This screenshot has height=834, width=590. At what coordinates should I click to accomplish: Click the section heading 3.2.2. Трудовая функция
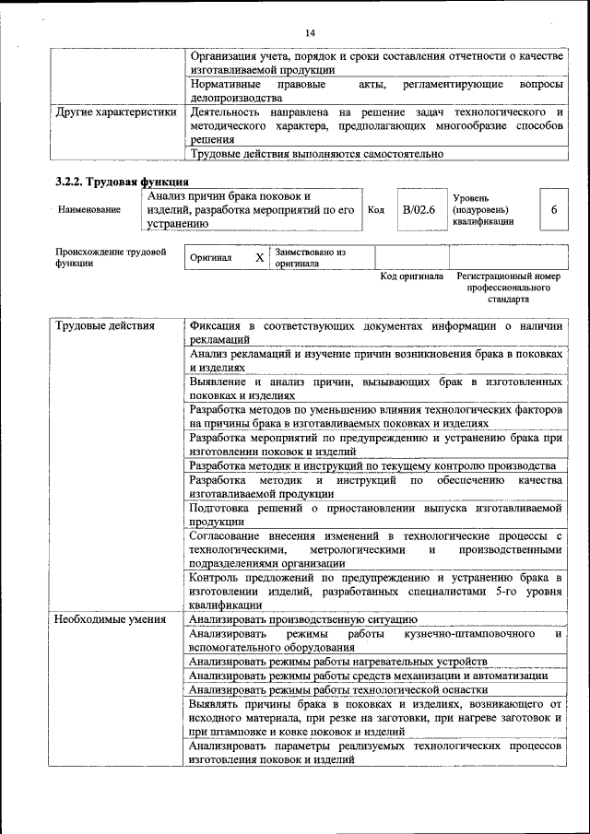click(x=122, y=182)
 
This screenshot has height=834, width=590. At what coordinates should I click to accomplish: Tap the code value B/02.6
click(x=418, y=210)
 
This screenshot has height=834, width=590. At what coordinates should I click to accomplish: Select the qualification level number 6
click(x=554, y=210)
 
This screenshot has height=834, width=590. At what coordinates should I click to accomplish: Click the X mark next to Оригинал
click(x=259, y=258)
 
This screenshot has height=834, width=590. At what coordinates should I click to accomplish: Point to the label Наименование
click(x=88, y=210)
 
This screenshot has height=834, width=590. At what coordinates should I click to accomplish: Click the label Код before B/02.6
click(x=376, y=210)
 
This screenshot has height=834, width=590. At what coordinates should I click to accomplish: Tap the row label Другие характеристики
click(x=115, y=112)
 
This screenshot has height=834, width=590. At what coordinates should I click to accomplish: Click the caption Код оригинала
click(x=411, y=276)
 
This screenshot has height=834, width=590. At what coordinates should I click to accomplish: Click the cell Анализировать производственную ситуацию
click(x=303, y=620)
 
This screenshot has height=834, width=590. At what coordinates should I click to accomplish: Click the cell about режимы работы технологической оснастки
click(x=337, y=689)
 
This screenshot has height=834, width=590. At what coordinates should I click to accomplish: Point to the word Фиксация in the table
click(x=218, y=326)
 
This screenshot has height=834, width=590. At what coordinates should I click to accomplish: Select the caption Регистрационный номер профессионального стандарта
click(x=508, y=288)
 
